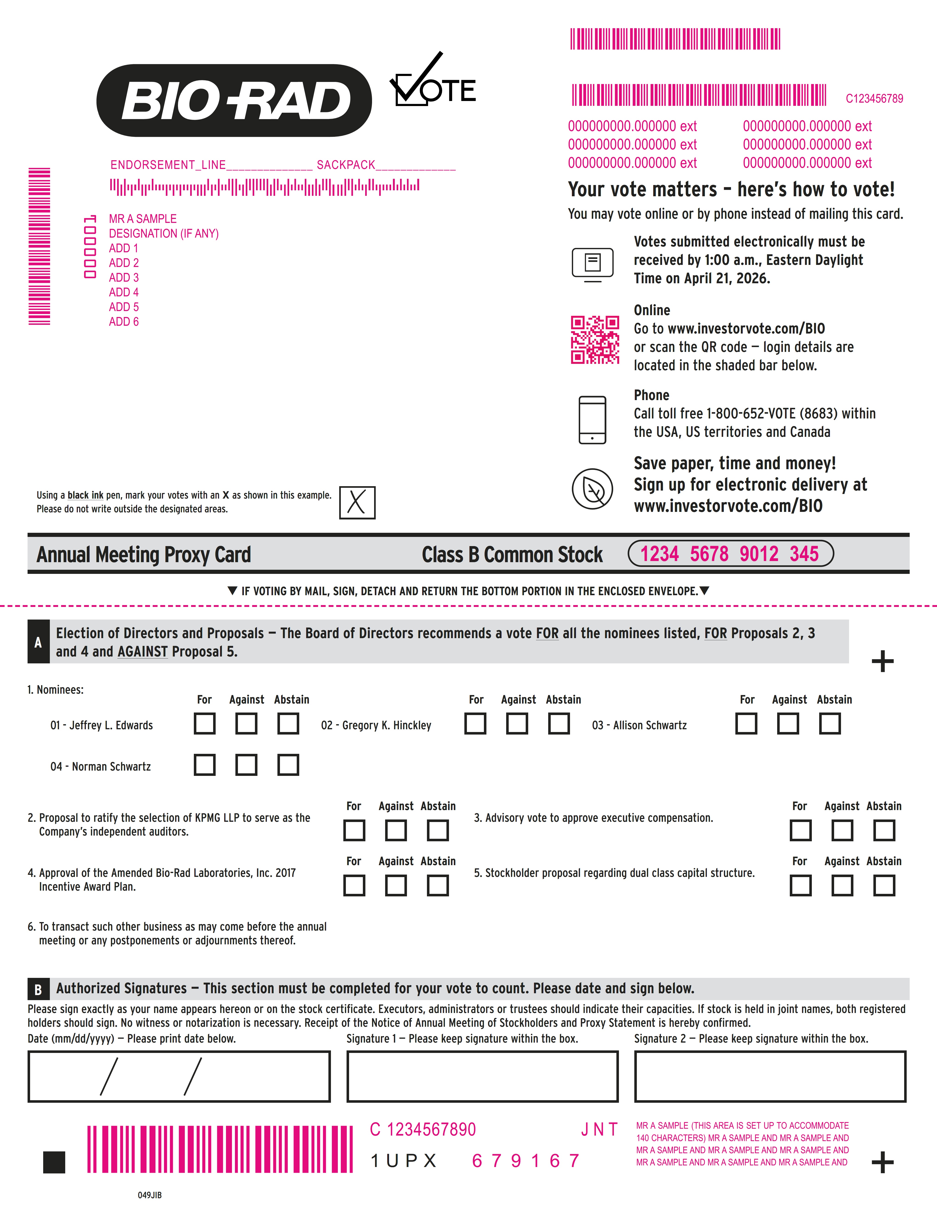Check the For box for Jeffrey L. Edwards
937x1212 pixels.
[x=204, y=724]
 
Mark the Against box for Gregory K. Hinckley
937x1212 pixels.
[x=517, y=724]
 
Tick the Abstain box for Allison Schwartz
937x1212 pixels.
[x=830, y=724]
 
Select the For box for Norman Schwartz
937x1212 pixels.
[x=204, y=765]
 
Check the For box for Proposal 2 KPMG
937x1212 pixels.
[x=354, y=830]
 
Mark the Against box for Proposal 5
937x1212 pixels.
[x=842, y=885]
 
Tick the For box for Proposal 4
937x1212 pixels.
[x=354, y=885]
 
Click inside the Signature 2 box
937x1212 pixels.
[x=770, y=1076]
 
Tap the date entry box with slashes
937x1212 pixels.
[x=179, y=1076]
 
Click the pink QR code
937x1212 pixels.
[x=595, y=340]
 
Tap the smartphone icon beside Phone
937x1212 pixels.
[x=592, y=420]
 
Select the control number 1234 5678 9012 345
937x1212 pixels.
[x=730, y=554]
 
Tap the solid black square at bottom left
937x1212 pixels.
[x=54, y=1162]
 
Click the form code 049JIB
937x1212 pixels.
[x=150, y=1195]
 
